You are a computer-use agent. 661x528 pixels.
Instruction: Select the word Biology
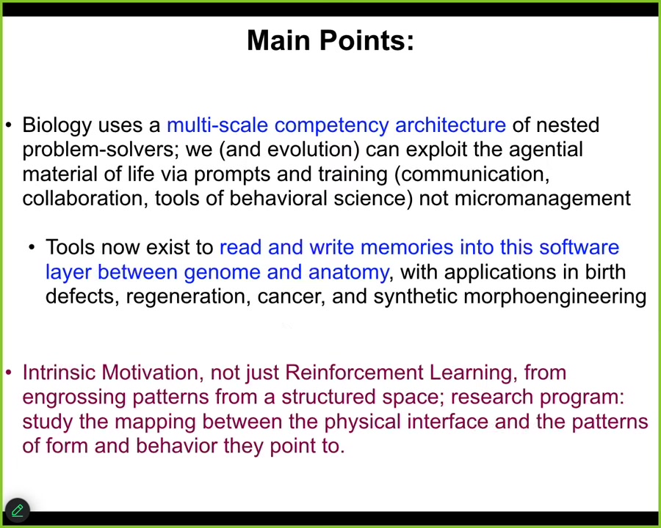click(x=57, y=126)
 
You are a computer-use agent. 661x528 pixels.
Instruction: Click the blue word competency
click(x=331, y=126)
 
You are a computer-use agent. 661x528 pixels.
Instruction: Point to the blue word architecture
click(x=450, y=125)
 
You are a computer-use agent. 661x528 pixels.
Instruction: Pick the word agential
click(x=546, y=150)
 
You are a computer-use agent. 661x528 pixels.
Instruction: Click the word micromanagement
click(x=543, y=199)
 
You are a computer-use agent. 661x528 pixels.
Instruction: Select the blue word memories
click(x=406, y=247)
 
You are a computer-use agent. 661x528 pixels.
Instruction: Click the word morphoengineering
click(x=555, y=297)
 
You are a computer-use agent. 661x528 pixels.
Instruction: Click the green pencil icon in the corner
click(x=18, y=510)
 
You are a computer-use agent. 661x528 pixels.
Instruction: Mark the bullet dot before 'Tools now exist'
click(x=32, y=248)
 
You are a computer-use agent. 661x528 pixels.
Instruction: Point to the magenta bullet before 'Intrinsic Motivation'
click(x=9, y=373)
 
